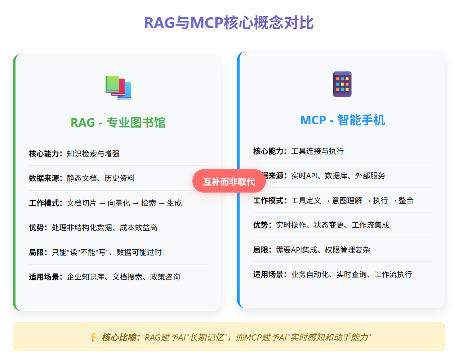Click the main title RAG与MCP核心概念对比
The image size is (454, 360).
[229, 23]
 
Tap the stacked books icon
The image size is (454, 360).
[118, 87]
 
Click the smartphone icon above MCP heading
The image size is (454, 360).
[342, 84]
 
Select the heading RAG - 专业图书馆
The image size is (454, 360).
[118, 123]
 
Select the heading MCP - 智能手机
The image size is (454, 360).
[342, 120]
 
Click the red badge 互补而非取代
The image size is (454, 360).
[229, 181]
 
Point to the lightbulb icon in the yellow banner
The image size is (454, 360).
[94, 337]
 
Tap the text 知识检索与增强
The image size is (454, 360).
[93, 154]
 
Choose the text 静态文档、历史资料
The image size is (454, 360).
[101, 178]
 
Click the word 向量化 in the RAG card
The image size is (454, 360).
[119, 203]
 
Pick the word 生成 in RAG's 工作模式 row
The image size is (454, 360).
[174, 203]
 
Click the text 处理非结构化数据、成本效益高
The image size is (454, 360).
[104, 227]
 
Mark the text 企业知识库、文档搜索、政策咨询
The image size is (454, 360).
[123, 277]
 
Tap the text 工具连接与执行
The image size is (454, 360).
[317, 151]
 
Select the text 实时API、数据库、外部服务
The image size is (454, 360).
[338, 175]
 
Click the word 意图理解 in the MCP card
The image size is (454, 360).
[347, 200]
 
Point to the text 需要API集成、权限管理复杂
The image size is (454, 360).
[323, 250]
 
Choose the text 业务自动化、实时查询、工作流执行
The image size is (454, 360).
[351, 274]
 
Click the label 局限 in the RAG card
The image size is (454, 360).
[37, 252]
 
